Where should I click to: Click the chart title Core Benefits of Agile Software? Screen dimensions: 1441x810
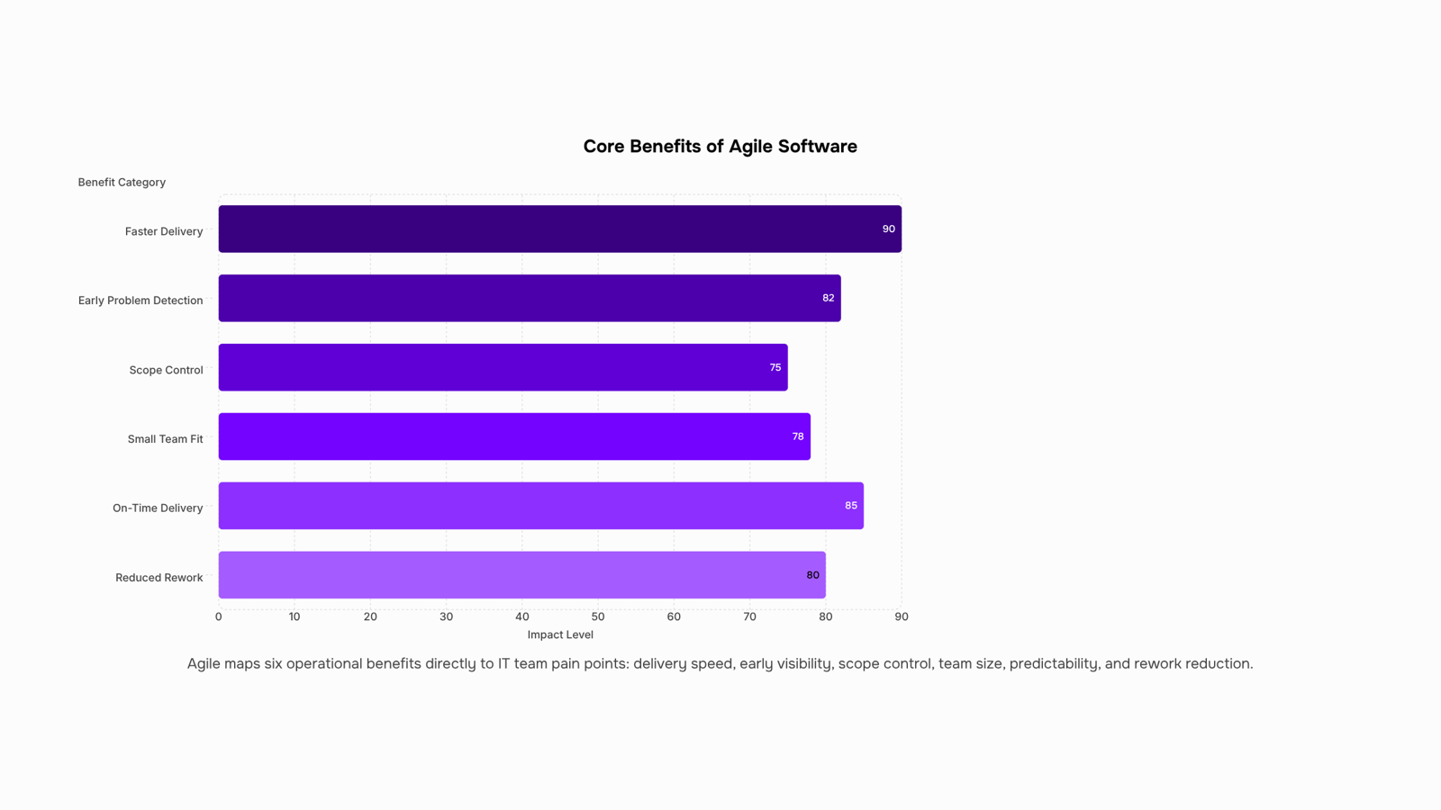pyautogui.click(x=720, y=147)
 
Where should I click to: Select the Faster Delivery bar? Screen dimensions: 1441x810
pyautogui.click(x=559, y=229)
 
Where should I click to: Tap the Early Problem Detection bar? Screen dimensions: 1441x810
pyautogui.click(x=530, y=298)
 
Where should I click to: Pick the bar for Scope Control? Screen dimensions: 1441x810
pyautogui.click(x=503, y=367)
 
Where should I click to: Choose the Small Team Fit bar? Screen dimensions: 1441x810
pyautogui.click(x=514, y=436)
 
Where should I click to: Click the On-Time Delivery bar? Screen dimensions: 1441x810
pyautogui.click(x=541, y=506)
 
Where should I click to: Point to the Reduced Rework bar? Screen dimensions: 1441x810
pyautogui.click(x=522, y=575)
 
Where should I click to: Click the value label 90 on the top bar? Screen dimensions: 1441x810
pyautogui.click(x=888, y=229)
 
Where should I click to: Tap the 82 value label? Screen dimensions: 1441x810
pyautogui.click(x=828, y=298)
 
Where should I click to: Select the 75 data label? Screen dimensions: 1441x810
pyautogui.click(x=775, y=367)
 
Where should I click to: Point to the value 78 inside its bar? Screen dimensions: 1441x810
pyautogui.click(x=798, y=436)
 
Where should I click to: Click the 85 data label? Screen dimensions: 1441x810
pyautogui.click(x=851, y=506)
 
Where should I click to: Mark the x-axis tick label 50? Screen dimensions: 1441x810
pyautogui.click(x=598, y=616)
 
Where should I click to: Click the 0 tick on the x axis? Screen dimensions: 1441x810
pyautogui.click(x=219, y=616)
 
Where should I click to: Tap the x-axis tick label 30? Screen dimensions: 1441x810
pyautogui.click(x=447, y=616)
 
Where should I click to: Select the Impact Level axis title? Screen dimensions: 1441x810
pyautogui.click(x=560, y=634)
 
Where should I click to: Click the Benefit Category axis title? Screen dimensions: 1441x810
pyautogui.click(x=122, y=183)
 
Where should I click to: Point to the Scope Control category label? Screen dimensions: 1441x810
pyautogui.click(x=166, y=370)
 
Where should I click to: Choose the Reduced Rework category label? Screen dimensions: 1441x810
pyautogui.click(x=159, y=577)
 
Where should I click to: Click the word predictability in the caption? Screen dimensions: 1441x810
pyautogui.click(x=1054, y=663)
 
